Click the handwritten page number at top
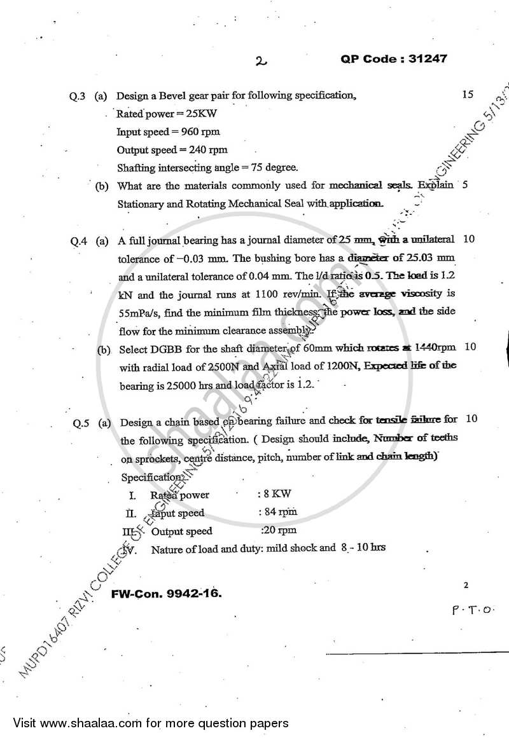point(260,62)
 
